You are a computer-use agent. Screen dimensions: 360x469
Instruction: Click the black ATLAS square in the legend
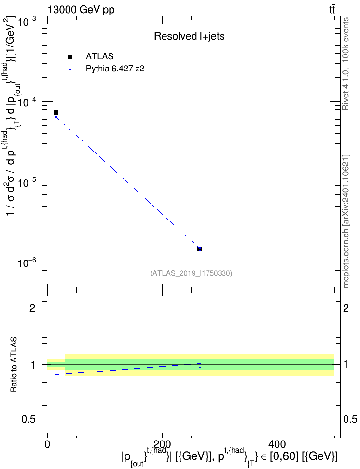coord(70,57)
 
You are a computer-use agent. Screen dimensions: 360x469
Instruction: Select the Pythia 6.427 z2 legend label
coord(115,69)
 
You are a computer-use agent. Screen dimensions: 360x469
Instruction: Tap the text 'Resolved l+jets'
coord(189,36)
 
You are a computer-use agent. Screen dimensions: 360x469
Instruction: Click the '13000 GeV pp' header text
coord(81,10)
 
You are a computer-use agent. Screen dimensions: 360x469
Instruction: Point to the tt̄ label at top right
coord(332,9)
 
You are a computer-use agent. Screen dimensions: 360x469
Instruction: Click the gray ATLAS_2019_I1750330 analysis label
coord(191,273)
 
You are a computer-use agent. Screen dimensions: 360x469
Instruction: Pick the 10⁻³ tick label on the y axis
coord(27,22)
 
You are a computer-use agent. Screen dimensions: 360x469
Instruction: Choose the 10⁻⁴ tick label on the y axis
coord(27,103)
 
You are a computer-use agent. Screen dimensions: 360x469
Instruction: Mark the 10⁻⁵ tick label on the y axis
coord(27,183)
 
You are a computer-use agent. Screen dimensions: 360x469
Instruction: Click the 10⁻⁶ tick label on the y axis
coord(27,263)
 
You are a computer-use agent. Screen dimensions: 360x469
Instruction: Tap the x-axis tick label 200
coord(162,444)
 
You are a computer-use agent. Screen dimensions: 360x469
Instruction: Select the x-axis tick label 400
coord(277,444)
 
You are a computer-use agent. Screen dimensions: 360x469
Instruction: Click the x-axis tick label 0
coord(47,444)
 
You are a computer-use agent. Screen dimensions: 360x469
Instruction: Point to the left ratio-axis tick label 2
coord(32,308)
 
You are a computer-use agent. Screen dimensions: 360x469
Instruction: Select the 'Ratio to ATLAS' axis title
coord(14,365)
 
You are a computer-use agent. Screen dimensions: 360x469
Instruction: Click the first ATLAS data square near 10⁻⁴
coord(56,112)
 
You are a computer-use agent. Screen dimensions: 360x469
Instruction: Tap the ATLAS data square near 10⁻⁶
coord(200,249)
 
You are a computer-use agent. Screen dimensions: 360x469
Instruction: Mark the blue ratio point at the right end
coord(200,364)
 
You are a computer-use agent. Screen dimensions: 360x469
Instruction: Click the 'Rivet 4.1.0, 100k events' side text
coord(346,64)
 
